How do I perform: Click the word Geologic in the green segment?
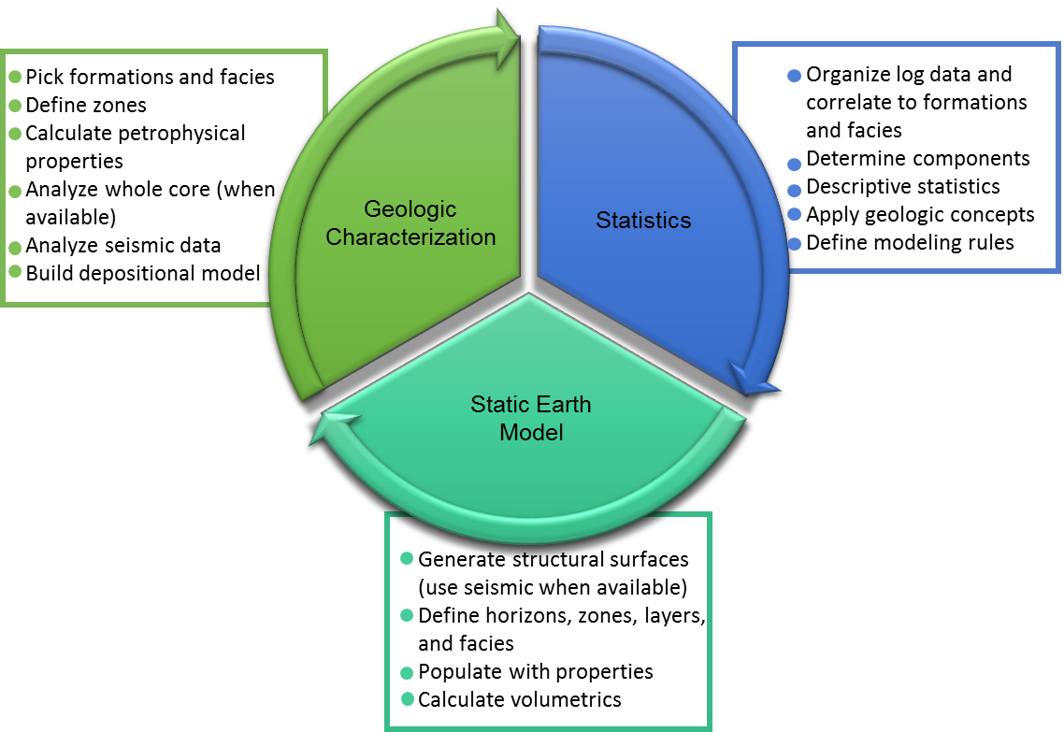coord(410,208)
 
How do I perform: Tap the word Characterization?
coord(410,237)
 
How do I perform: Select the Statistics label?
coord(643,221)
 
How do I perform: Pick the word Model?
coord(531,433)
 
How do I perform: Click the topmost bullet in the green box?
coord(15,78)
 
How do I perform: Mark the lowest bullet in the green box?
coord(15,271)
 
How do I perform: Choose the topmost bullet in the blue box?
coord(794,76)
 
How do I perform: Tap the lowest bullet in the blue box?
coord(794,244)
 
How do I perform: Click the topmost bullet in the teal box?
coord(407,558)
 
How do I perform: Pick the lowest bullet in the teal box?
coord(407,698)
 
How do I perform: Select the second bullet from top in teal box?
coord(407,615)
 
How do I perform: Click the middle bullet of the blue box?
coord(794,191)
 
